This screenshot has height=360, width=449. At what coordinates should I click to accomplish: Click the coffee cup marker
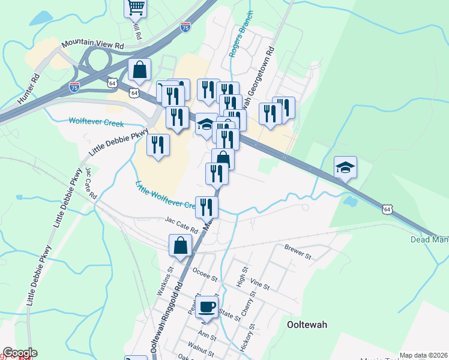(206, 307)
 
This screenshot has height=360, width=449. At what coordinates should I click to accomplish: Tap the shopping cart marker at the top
(136, 8)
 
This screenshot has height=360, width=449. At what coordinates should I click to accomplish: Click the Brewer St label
(298, 251)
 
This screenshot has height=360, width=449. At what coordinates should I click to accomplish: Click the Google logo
(19, 353)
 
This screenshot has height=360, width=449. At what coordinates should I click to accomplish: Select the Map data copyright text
(423, 355)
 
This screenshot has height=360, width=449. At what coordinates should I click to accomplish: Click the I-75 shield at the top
(186, 27)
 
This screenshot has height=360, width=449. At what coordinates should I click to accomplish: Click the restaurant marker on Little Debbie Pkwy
(158, 145)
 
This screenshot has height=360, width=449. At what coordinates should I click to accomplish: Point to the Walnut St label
(200, 346)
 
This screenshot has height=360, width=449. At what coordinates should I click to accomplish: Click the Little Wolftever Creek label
(166, 196)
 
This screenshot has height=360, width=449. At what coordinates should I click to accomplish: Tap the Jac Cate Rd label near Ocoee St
(182, 226)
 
